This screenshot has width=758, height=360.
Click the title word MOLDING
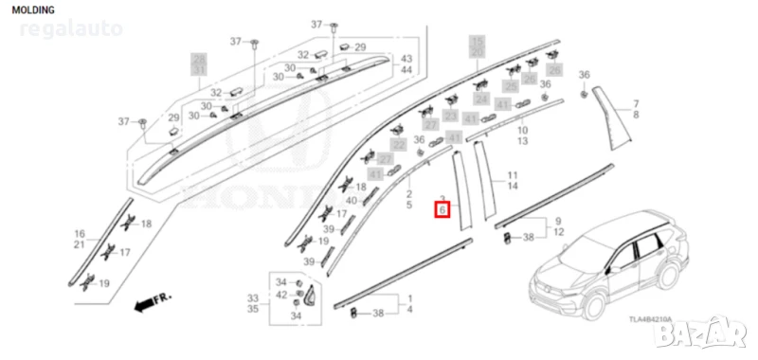pos(34,9)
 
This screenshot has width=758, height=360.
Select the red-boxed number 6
pos(442,210)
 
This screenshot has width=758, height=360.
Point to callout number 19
pos(104,283)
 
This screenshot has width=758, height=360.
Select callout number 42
pos(280,296)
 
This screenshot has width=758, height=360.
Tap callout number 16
pos(80,232)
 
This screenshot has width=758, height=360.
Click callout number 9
pos(557,220)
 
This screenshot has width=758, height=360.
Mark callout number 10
pos(522,129)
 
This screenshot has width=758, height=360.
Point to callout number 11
pos(512,176)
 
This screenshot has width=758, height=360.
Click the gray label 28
pos(199,60)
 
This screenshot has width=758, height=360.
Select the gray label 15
pos(478,41)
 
